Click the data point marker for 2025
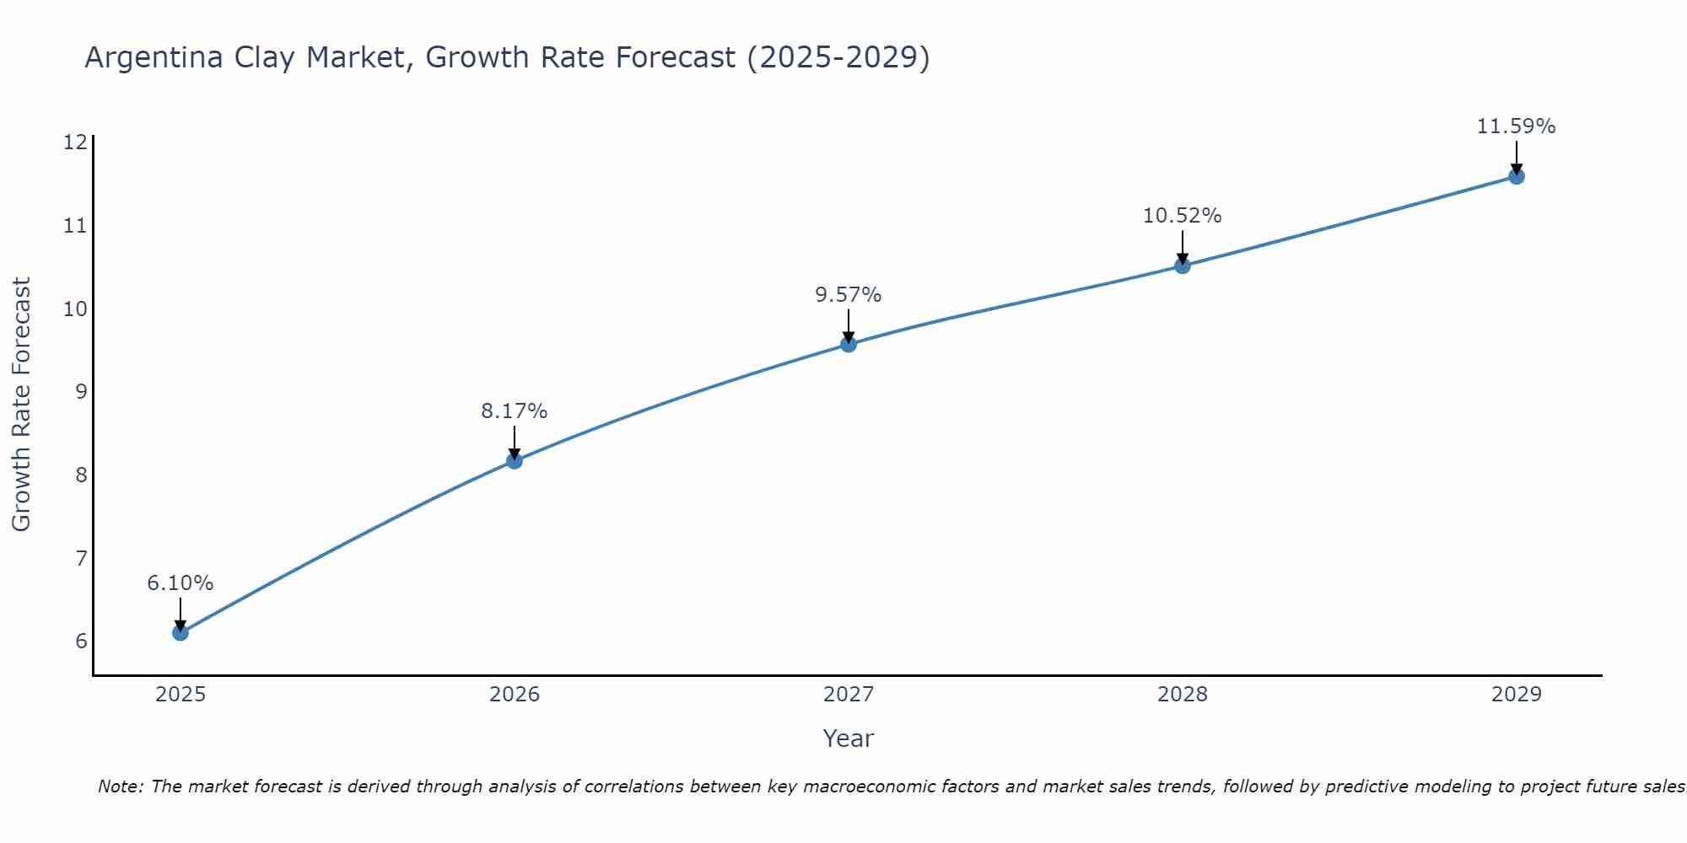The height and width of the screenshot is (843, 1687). click(x=181, y=632)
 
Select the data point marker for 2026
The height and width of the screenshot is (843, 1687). click(x=515, y=460)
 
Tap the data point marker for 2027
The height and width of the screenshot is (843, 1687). click(x=849, y=344)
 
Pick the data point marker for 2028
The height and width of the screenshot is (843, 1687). click(x=1183, y=266)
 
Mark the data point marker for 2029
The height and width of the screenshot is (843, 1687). click(x=1517, y=176)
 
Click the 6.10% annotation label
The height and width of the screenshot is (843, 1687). click(x=181, y=583)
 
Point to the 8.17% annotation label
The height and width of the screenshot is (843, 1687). click(x=515, y=411)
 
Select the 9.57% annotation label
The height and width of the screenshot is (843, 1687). click(x=849, y=295)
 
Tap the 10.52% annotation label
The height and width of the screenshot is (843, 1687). click(x=1183, y=216)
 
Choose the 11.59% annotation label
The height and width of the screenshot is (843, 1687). click(x=1517, y=126)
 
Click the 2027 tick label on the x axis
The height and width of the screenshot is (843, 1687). click(x=849, y=695)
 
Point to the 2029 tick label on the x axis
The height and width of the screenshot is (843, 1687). click(x=1517, y=695)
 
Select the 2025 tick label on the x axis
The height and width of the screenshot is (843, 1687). click(x=181, y=695)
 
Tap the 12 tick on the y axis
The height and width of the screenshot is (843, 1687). click(x=75, y=142)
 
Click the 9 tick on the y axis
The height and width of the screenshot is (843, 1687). click(x=81, y=391)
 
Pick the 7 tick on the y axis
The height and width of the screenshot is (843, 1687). click(x=81, y=558)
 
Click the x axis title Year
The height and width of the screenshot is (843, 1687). click(x=849, y=738)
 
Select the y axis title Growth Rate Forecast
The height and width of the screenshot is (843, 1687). click(x=21, y=405)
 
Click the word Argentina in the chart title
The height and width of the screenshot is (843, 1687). click(x=148, y=57)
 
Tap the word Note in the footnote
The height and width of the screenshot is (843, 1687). click(x=120, y=787)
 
